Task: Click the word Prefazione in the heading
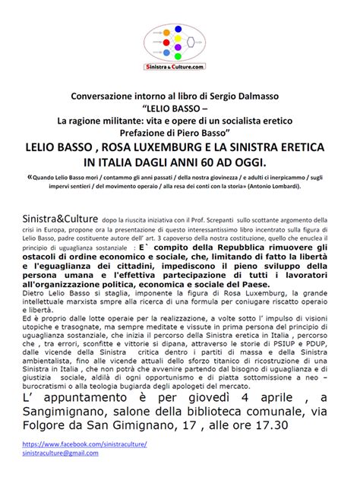(x=147, y=130)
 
